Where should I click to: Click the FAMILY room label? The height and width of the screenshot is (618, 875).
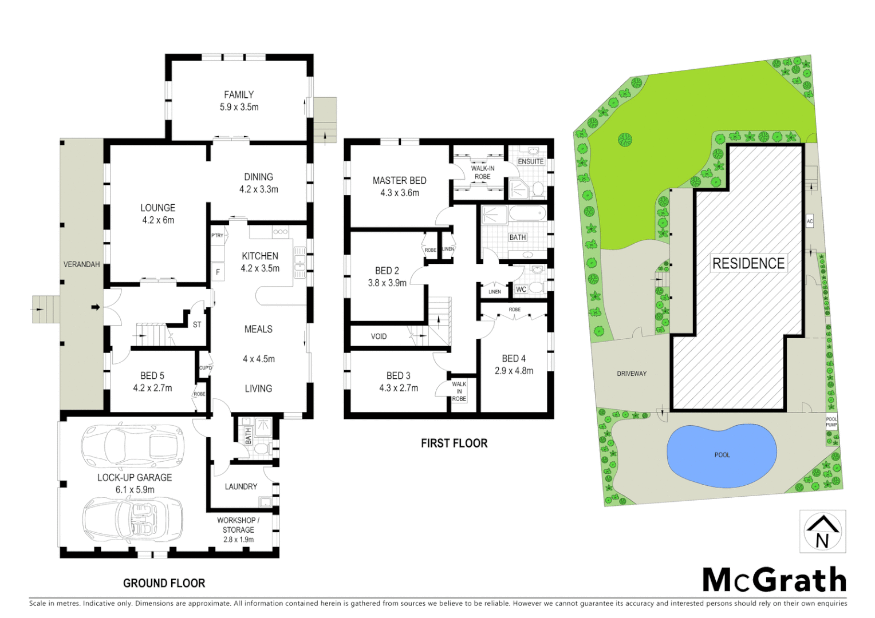coord(239,95)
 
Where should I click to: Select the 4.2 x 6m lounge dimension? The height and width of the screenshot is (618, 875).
coord(158,220)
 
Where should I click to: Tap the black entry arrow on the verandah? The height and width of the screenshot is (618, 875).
coord(96,307)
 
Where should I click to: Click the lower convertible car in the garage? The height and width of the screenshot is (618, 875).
coord(132,518)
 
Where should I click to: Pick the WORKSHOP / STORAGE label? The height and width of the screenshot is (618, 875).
coord(238,525)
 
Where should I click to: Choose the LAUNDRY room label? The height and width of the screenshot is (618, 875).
coord(241,486)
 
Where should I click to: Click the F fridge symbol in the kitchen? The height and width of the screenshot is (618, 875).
coord(218,272)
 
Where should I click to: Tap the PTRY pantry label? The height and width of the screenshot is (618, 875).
coord(218,236)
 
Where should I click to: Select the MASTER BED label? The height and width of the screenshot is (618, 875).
coord(399,181)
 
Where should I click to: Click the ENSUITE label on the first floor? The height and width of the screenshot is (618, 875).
coord(530,161)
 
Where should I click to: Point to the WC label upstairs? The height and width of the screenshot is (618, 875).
coord(521,290)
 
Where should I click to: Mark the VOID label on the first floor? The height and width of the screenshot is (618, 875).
coord(379,336)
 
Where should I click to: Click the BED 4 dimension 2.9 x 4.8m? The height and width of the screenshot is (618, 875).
coord(514,371)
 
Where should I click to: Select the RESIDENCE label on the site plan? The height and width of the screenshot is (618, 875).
coord(748,264)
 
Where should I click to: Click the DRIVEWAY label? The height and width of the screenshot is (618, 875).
coord(632,374)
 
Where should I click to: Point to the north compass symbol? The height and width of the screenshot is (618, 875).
coord(822,532)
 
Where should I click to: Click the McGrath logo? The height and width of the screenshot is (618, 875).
coord(774,580)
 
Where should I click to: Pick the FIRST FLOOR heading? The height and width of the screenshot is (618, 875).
coord(454,443)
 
